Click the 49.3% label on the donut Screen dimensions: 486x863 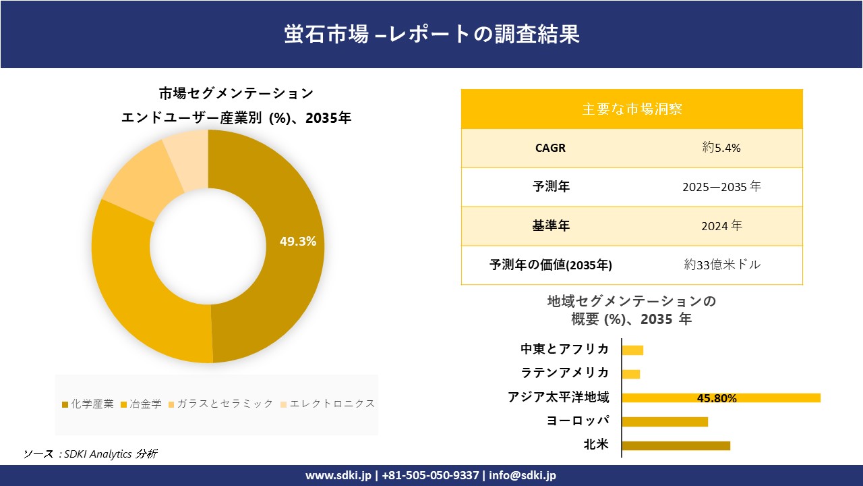[x=297, y=242]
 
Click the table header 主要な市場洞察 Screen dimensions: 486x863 [x=632, y=109]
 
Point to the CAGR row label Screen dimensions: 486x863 [x=550, y=148]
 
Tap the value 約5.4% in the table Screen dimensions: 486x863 [x=721, y=148]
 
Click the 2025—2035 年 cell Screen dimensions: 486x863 [x=721, y=187]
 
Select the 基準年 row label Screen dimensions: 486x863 [x=551, y=226]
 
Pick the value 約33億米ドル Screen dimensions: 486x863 [x=721, y=265]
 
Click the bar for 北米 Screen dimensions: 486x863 [x=676, y=446]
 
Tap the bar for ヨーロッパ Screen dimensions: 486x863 [x=665, y=421]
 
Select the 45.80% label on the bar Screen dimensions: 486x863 [x=717, y=398]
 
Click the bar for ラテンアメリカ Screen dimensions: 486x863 [x=631, y=374]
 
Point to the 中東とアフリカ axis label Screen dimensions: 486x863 [x=564, y=349]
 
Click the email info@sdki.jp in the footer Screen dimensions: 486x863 [x=523, y=475]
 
